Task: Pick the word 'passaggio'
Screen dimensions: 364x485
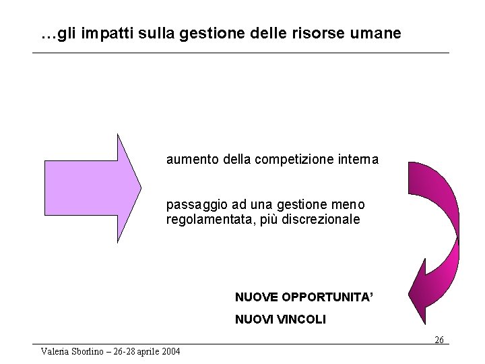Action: pos(193,205)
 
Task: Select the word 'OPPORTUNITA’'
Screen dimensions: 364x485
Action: pos(327,297)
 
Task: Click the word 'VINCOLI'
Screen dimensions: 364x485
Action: pos(300,320)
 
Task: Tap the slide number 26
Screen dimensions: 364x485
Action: pos(439,340)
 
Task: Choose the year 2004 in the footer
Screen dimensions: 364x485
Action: pos(170,351)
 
